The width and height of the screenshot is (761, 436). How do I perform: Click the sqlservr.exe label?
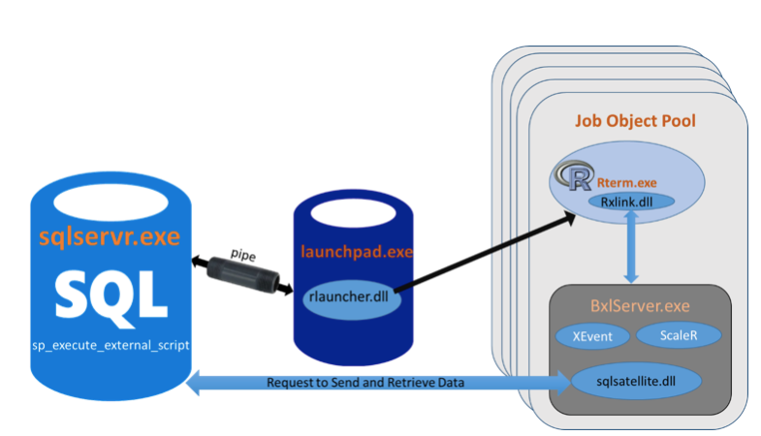click(110, 235)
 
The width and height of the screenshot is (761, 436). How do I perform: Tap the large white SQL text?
click(110, 290)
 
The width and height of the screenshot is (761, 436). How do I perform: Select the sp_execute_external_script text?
click(110, 344)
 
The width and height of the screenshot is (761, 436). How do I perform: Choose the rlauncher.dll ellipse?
click(347, 297)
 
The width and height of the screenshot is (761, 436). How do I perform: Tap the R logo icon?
click(574, 174)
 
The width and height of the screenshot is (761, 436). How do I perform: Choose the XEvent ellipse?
click(590, 335)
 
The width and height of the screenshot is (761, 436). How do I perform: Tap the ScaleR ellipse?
click(678, 335)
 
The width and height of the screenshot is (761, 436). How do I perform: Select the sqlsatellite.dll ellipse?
click(636, 381)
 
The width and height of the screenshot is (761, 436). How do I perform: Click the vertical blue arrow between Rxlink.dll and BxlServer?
click(632, 247)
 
